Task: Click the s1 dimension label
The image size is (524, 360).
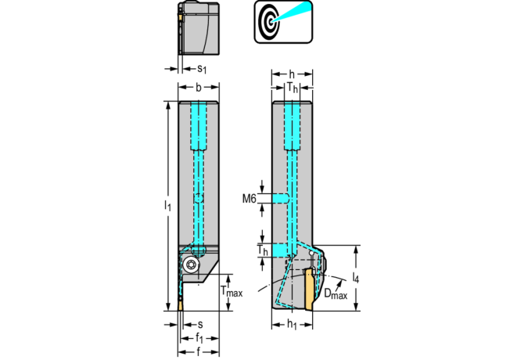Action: tap(201, 70)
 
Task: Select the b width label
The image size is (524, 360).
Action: tap(199, 87)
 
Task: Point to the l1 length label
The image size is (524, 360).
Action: tap(167, 205)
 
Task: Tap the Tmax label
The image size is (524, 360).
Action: tap(231, 292)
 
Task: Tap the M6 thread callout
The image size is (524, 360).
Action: tap(249, 199)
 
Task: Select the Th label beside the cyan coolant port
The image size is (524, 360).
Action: tap(263, 250)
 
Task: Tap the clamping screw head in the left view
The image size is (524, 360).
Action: tap(192, 265)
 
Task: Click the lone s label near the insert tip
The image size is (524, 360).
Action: tap(200, 324)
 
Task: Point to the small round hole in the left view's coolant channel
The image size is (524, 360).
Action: tap(200, 199)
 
